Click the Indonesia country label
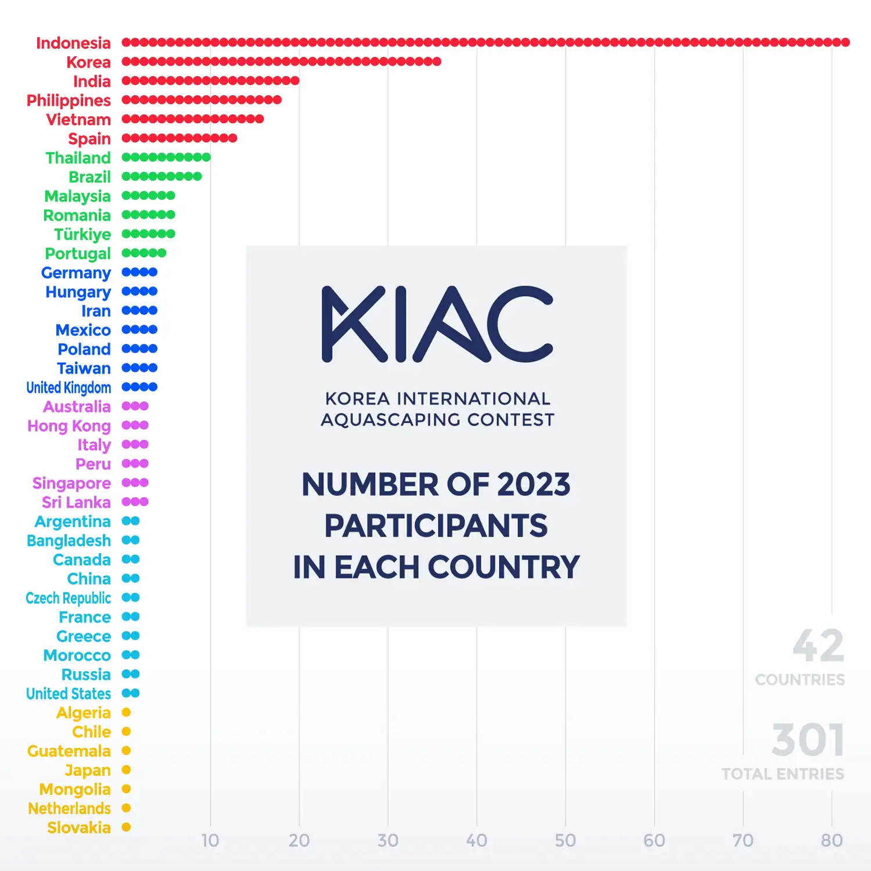click(x=73, y=43)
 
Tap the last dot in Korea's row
click(x=437, y=62)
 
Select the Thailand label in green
click(x=78, y=158)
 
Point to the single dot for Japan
click(x=126, y=770)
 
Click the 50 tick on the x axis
click(x=565, y=840)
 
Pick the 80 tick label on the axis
click(x=832, y=840)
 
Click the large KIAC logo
click(x=437, y=324)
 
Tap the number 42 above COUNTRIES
click(x=818, y=646)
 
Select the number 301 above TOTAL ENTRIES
click(x=808, y=740)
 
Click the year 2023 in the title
click(x=534, y=485)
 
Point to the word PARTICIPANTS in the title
click(x=435, y=526)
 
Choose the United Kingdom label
click(x=69, y=387)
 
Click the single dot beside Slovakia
click(x=126, y=827)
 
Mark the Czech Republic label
click(x=69, y=598)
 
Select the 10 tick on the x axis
click(x=210, y=840)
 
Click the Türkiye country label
click(x=82, y=235)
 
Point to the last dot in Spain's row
click(x=232, y=138)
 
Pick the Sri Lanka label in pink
click(x=76, y=502)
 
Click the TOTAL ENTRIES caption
click(x=783, y=774)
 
